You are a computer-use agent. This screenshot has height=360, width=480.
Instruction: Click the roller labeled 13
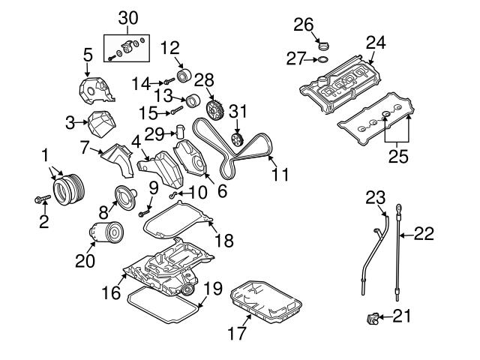(191, 101)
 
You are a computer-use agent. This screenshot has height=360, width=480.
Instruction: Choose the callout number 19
(214, 289)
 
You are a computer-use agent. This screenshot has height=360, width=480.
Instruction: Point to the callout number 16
(111, 292)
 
